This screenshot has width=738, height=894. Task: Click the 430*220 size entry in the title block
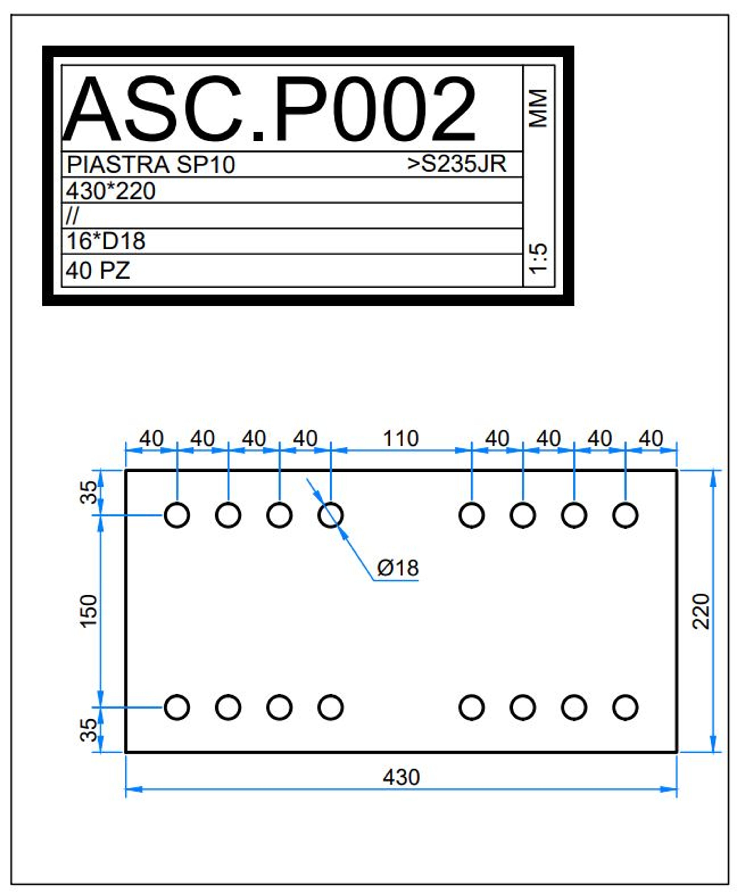click(x=111, y=191)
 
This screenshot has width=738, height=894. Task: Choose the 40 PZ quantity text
click(x=98, y=270)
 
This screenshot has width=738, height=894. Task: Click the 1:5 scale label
click(x=538, y=258)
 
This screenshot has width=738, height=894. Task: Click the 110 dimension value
click(x=401, y=438)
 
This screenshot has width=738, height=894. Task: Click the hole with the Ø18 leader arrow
click(x=330, y=515)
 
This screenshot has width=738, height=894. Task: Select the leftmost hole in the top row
click(x=177, y=515)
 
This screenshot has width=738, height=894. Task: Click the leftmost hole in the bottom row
click(x=177, y=707)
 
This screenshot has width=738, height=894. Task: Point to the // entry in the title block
click(x=72, y=216)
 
